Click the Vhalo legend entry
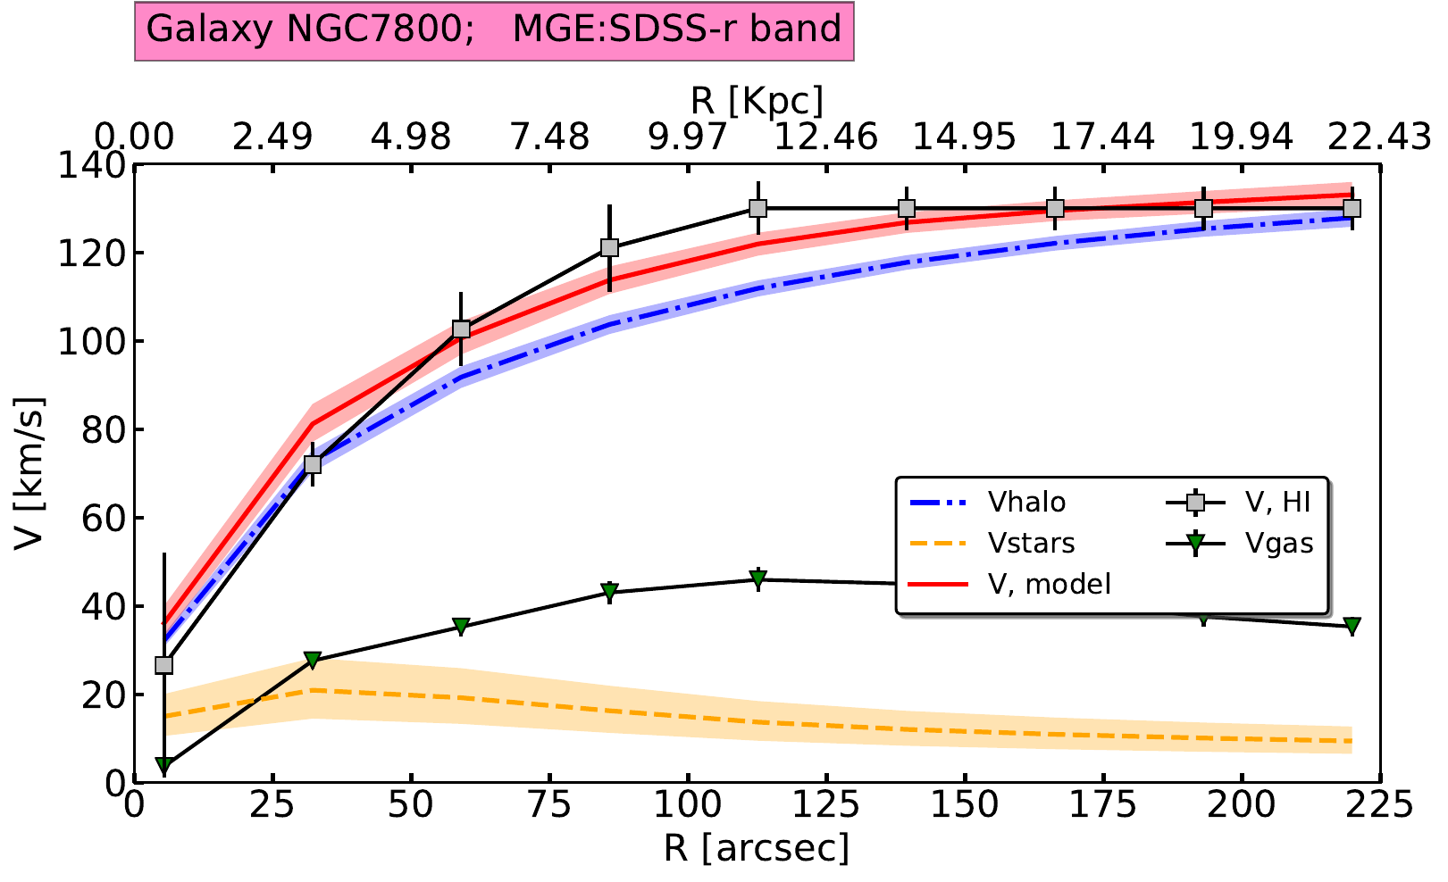[x=1026, y=502]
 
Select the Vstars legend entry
[x=1031, y=543]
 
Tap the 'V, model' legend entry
[x=1050, y=584]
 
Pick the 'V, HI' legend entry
[x=1278, y=502]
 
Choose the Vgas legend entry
[x=1280, y=543]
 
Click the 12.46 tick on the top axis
[x=826, y=137]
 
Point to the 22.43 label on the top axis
[x=1378, y=137]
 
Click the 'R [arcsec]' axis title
[x=757, y=848]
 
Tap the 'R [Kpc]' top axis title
[x=757, y=98]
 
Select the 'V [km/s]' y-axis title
[x=29, y=474]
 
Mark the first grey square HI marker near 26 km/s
[x=163, y=665]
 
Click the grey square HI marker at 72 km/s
[x=313, y=464]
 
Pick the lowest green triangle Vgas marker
[x=163, y=765]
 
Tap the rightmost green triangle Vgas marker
[x=1352, y=625]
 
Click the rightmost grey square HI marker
[x=1352, y=208]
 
